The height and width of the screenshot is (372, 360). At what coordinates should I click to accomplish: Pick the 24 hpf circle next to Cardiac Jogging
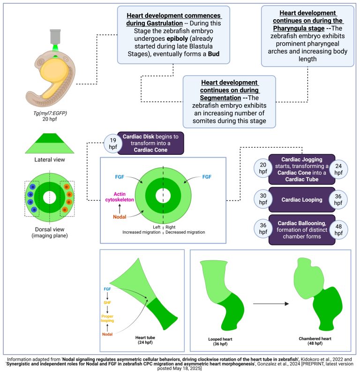pos(340,169)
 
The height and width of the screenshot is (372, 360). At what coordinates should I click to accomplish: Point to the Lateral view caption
pos(49,160)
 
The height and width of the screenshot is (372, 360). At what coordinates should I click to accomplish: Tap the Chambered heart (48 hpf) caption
pos(312,341)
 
